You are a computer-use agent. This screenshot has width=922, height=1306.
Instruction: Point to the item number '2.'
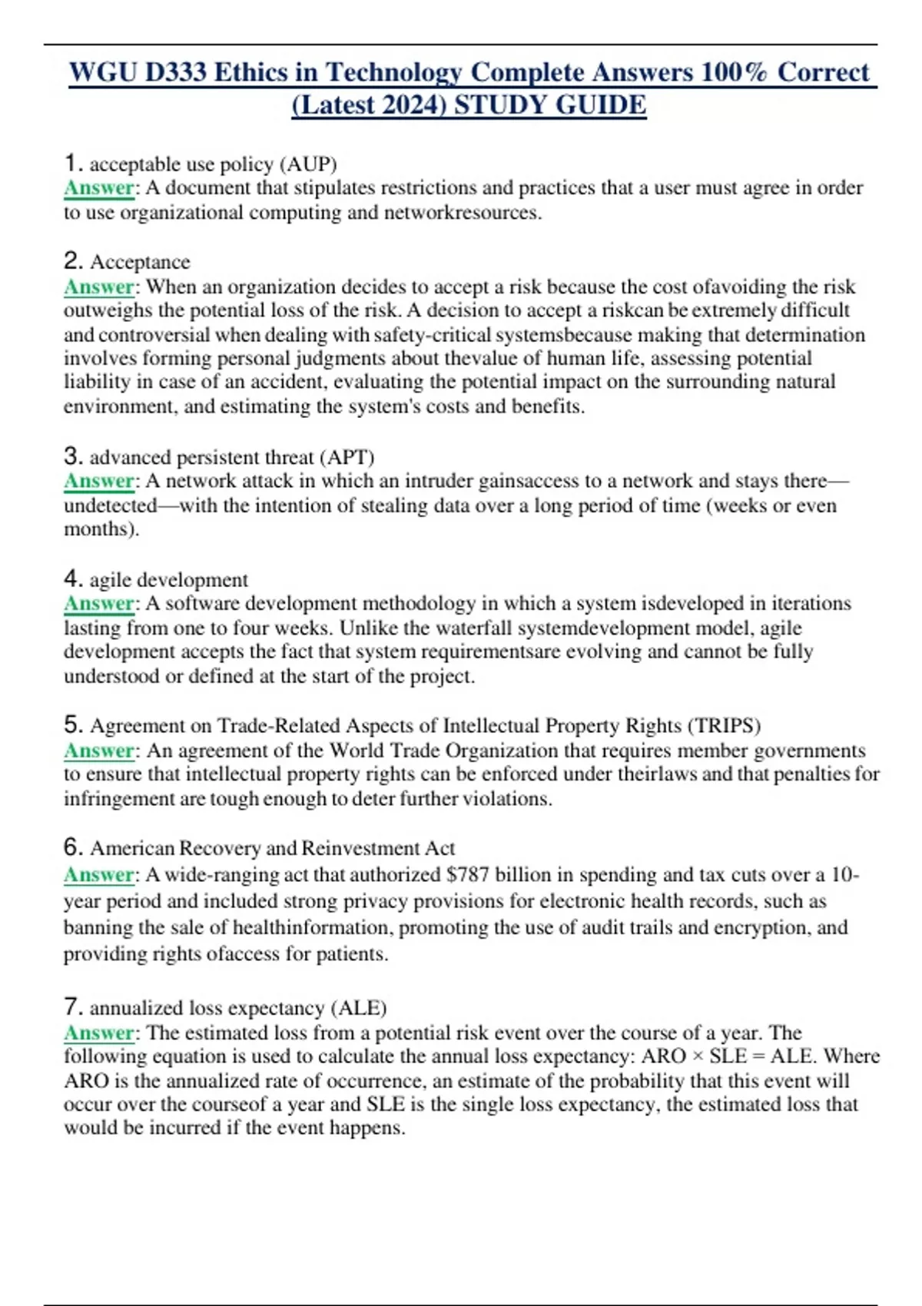coord(73,260)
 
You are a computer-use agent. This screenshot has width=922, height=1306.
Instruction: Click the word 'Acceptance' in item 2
coord(140,262)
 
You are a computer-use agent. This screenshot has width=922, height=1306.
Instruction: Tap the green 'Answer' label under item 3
coord(99,481)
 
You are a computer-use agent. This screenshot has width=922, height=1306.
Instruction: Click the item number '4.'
coord(73,578)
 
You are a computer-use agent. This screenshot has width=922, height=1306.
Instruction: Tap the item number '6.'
coord(73,847)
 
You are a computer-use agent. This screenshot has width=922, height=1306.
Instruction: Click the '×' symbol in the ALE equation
coord(697,1056)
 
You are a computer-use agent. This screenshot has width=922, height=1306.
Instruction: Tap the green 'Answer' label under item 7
coord(99,1033)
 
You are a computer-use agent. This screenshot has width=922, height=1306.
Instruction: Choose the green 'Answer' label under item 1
coord(99,188)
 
